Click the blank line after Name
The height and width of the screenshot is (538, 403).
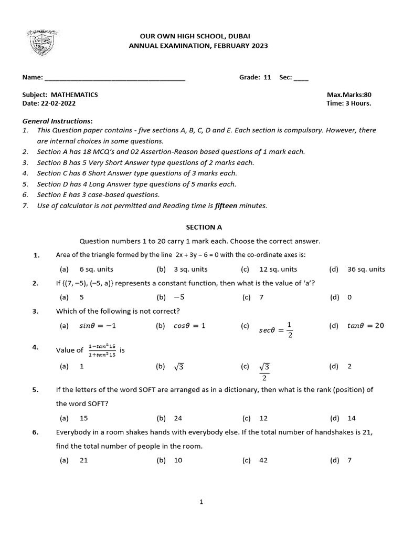point(115,78)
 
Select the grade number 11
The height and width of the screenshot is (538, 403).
point(267,77)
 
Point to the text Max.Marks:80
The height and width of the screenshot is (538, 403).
point(348,95)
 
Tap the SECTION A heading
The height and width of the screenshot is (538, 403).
point(204,227)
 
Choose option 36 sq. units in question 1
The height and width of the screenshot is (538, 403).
point(366,269)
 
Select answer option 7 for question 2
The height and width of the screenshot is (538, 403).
point(261,297)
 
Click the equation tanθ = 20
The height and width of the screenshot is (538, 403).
point(365,326)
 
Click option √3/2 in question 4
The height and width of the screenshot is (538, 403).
point(264,371)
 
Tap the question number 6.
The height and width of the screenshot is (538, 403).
point(35,432)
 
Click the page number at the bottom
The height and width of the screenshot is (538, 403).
point(201,502)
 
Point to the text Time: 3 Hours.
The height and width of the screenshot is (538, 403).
point(348,104)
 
